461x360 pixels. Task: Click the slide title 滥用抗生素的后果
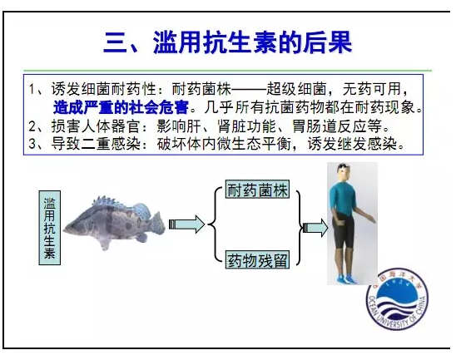(x=253, y=42)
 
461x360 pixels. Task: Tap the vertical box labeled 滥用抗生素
(x=50, y=228)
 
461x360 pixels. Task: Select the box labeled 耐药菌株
(x=257, y=190)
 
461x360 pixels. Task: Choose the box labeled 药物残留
(x=257, y=259)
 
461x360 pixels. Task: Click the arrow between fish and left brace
(x=186, y=224)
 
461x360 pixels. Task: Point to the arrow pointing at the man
(x=315, y=228)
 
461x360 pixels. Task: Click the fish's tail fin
(x=156, y=223)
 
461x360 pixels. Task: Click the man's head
(x=343, y=173)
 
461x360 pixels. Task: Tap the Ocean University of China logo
(x=397, y=299)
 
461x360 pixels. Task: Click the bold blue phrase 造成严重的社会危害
(x=121, y=108)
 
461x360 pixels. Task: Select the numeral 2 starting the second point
(x=32, y=126)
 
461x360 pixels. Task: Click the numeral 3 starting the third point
(x=32, y=144)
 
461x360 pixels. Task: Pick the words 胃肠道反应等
(x=337, y=126)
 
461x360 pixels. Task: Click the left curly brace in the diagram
(x=215, y=224)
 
